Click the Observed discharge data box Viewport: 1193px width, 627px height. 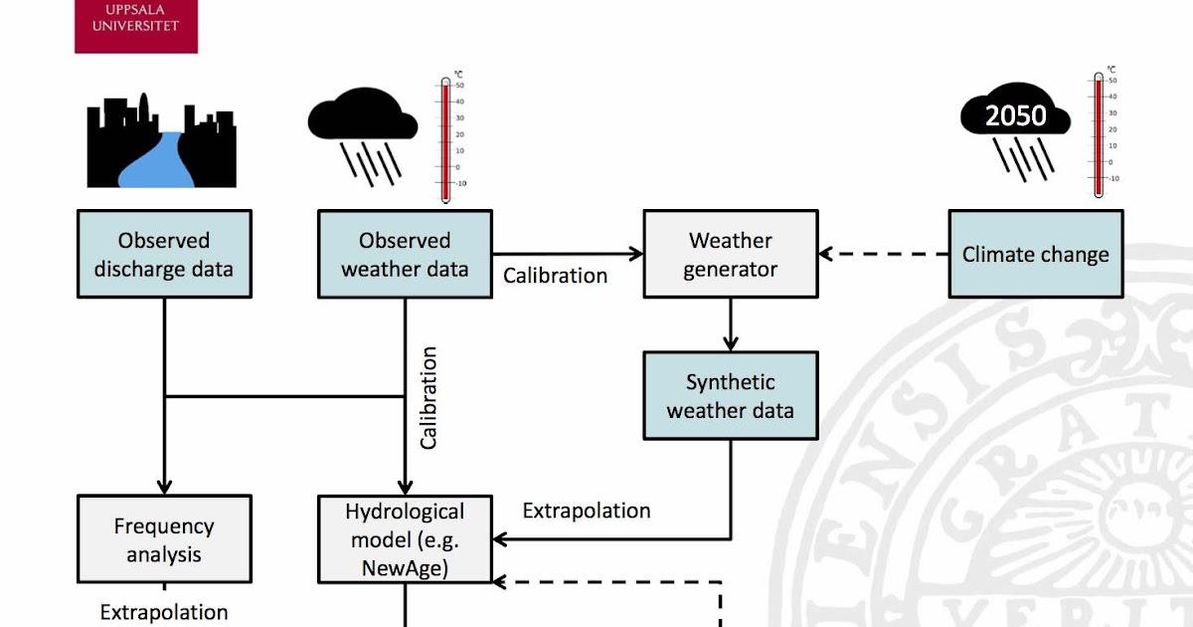(x=164, y=254)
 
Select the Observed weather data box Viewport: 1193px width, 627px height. (x=405, y=254)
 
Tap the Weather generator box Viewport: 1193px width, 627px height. (x=731, y=254)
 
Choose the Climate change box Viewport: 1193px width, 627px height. (x=1035, y=254)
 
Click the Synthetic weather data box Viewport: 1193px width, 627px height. (x=731, y=396)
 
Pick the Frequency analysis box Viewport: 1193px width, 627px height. (x=164, y=539)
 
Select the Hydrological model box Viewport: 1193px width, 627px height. (x=405, y=539)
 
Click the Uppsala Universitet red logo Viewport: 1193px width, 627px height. (x=136, y=25)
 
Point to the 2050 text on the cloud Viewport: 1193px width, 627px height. (x=1015, y=116)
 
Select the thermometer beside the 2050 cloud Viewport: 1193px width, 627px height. (x=1099, y=134)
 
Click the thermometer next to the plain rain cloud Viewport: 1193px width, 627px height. (x=445, y=139)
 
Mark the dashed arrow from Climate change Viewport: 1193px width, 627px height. (x=883, y=254)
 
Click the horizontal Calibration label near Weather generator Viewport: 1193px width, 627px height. (x=555, y=276)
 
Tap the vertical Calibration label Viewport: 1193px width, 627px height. (x=428, y=398)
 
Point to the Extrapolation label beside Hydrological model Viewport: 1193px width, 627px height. (x=587, y=511)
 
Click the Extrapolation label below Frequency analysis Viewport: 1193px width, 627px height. (x=164, y=612)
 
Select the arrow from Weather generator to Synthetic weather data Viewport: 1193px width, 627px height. (x=731, y=324)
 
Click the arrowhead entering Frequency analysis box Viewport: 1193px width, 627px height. (x=164, y=486)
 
